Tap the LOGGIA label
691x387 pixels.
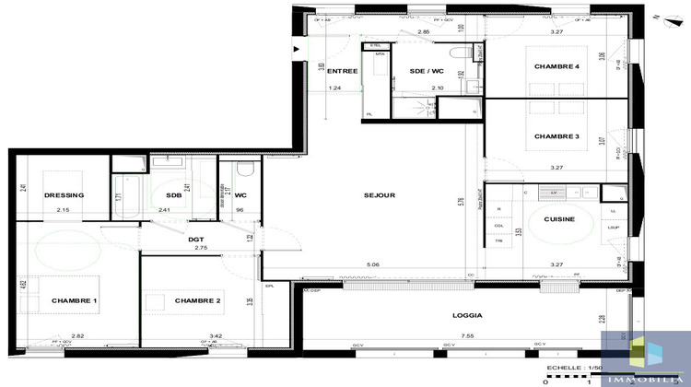click(x=466, y=315)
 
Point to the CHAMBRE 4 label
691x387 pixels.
click(x=556, y=68)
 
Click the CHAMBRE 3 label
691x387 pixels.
click(x=556, y=136)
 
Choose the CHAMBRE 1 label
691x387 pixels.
click(x=75, y=301)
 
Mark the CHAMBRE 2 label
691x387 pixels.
click(x=198, y=301)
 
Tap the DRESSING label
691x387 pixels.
click(x=64, y=195)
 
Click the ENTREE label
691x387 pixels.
click(x=343, y=71)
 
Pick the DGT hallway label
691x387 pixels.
click(x=196, y=240)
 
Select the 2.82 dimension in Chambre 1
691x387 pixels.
click(x=78, y=336)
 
